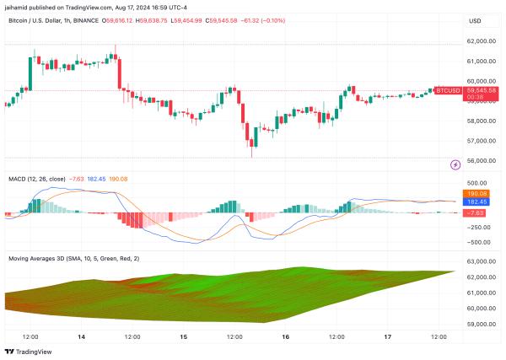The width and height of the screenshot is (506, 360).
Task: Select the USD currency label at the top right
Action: [x=474, y=21]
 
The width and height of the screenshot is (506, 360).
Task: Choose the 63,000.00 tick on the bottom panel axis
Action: [x=479, y=276]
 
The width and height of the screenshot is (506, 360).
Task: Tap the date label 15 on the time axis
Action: [x=184, y=336]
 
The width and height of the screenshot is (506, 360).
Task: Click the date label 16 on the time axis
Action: [x=286, y=336]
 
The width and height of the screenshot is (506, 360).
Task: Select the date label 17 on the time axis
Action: [x=388, y=336]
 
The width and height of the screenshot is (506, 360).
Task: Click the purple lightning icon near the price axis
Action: [x=455, y=165]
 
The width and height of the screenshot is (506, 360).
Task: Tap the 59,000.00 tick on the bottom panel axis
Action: [x=479, y=323]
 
